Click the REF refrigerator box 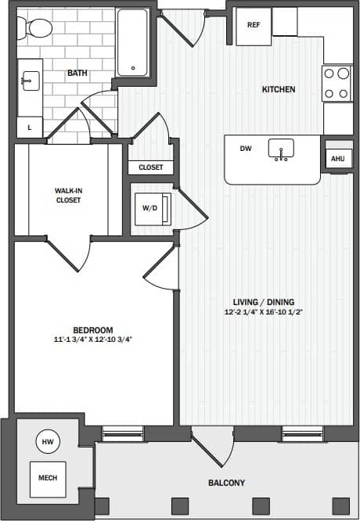coord(253,24)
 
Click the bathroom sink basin coord(30,79)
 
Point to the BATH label coord(77,74)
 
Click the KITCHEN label coord(278,89)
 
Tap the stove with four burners coord(337,83)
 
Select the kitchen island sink coord(280,149)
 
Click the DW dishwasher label coord(245,148)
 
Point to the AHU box coord(337,159)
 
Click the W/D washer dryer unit coord(150,208)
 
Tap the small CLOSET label coord(150,167)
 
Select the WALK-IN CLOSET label coord(67,195)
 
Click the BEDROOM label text coord(92,330)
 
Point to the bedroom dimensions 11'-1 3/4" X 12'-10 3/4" coord(92,340)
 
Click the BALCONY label coord(225,483)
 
